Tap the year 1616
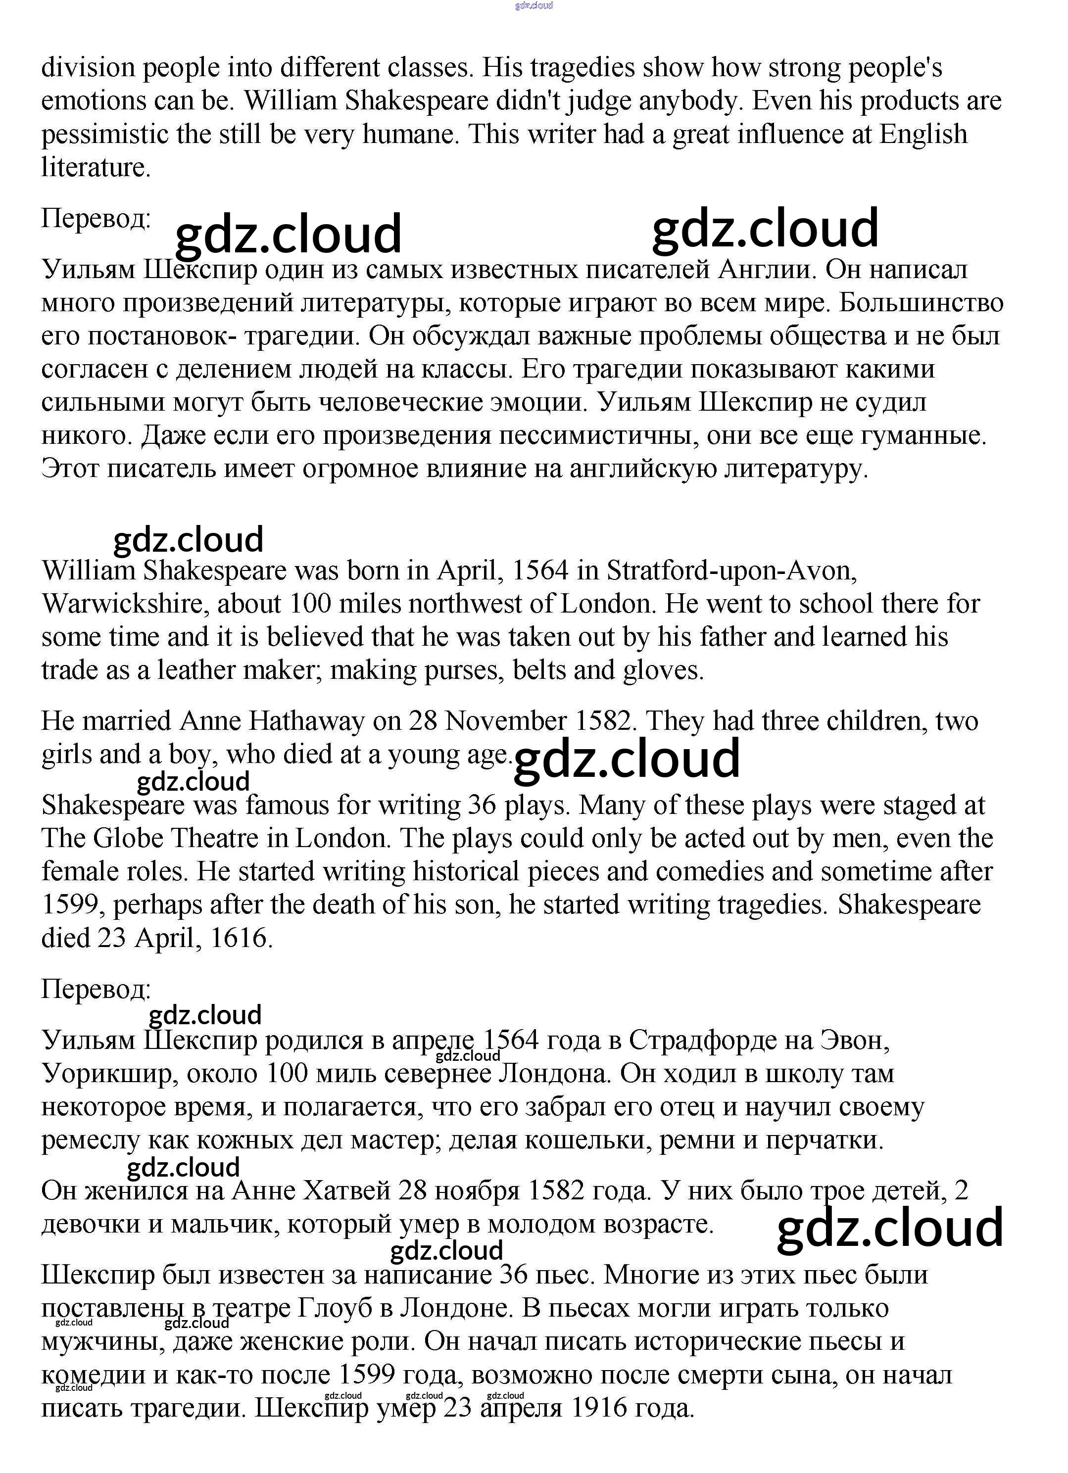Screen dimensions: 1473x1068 point(239,938)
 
